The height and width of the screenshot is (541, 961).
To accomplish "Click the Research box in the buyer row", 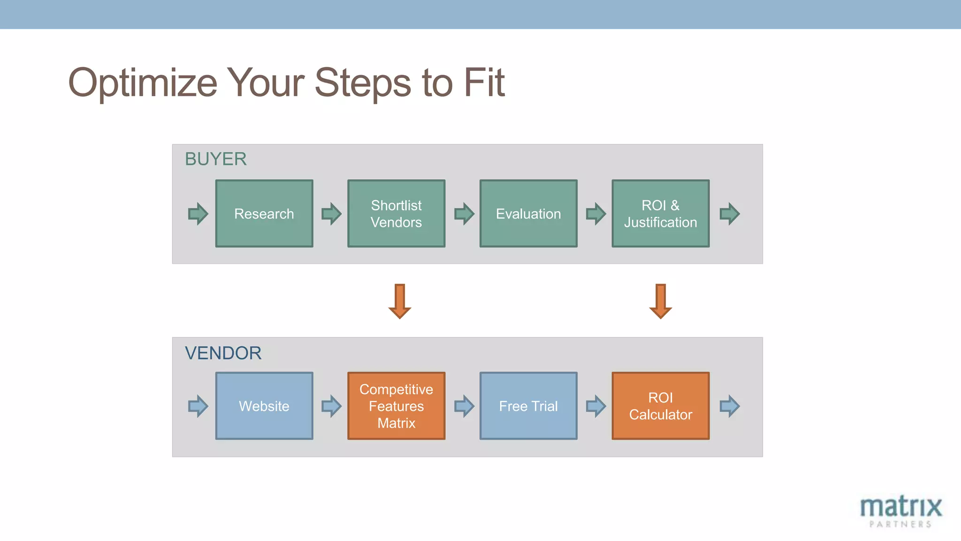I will (x=264, y=214).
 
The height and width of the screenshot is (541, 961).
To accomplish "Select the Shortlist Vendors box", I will (x=396, y=214).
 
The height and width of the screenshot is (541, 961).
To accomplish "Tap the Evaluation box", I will (x=528, y=214).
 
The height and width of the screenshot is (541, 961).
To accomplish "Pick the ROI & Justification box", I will (x=660, y=214).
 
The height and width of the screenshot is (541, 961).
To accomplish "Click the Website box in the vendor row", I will (x=264, y=406).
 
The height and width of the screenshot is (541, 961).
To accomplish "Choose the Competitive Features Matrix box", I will (x=396, y=406).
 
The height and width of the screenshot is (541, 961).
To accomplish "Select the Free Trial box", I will (x=528, y=406).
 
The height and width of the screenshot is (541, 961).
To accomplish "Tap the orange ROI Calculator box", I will (x=660, y=406).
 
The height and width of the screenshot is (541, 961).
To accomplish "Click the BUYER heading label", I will (x=215, y=159).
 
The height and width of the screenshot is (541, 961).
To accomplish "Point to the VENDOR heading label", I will (x=223, y=353).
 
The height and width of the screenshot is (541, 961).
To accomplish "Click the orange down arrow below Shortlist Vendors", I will (x=400, y=301).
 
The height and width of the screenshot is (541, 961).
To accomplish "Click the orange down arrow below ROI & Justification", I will (x=661, y=301).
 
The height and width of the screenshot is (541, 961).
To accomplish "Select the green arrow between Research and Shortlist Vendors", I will (x=331, y=214).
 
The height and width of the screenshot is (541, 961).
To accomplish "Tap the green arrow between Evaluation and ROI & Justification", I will (x=596, y=214).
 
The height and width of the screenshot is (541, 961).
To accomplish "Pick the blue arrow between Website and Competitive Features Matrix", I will (x=331, y=406).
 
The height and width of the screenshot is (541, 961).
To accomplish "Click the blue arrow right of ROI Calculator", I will (x=730, y=406).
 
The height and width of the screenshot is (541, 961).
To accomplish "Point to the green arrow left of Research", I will (x=198, y=214).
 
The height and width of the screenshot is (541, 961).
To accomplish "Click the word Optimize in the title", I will (x=143, y=84).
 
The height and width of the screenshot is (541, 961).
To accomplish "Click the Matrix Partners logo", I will (x=900, y=511).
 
